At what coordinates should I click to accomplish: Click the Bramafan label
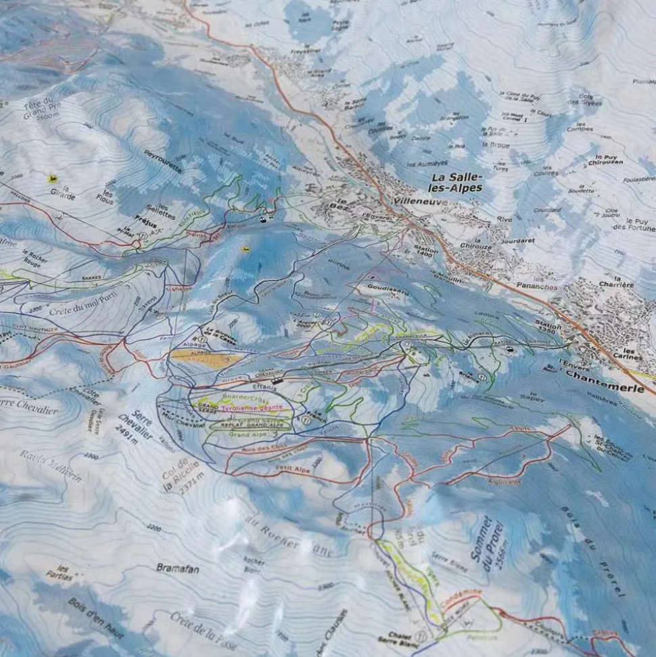coord(178,569)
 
